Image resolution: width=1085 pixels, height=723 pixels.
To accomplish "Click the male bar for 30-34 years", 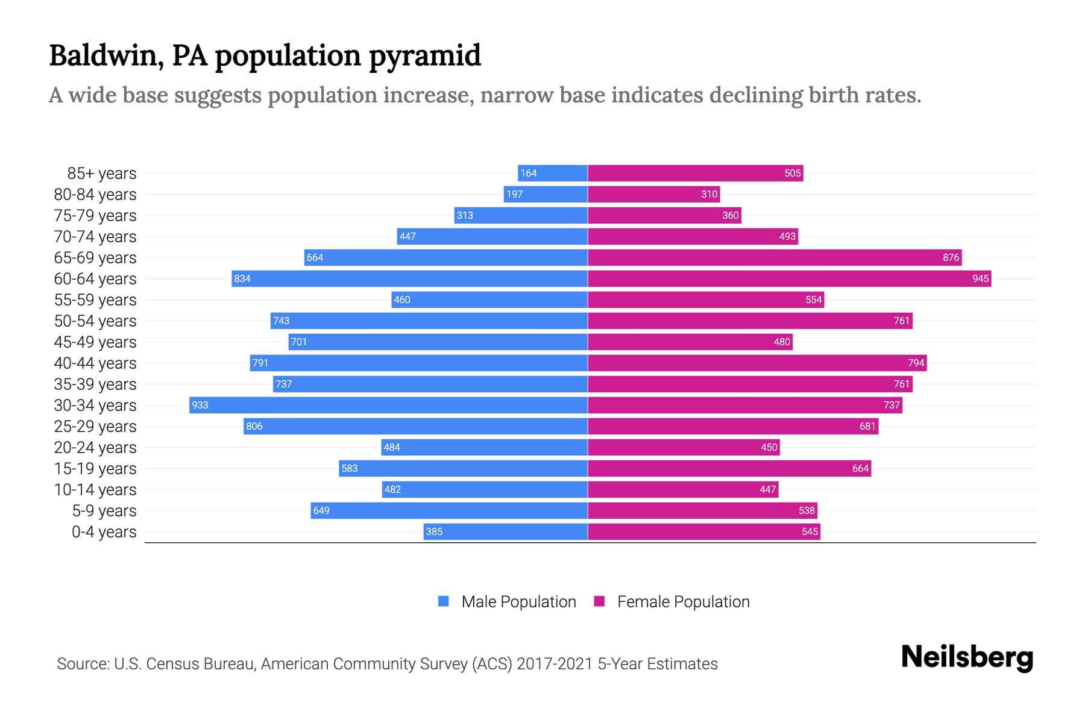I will (x=388, y=405).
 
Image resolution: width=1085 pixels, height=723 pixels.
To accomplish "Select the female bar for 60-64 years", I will (x=789, y=278).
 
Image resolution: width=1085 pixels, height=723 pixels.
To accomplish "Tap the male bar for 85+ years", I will (x=553, y=173).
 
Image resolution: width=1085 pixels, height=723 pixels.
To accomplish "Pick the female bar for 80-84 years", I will (x=653, y=194).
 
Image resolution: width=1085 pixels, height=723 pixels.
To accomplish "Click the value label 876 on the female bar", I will (x=951, y=258).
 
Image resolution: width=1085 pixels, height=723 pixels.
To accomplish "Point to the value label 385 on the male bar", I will (x=434, y=532).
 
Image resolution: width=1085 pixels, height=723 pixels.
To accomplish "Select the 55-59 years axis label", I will (x=95, y=300).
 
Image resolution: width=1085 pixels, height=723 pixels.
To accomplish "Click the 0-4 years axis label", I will (x=104, y=532).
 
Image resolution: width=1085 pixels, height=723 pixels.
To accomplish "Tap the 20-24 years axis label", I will (x=95, y=448).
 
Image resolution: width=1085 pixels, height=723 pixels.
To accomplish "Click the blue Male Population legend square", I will (x=444, y=601).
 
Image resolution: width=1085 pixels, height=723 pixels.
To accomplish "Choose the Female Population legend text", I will (x=683, y=602).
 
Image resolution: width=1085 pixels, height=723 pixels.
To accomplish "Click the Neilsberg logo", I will (x=967, y=657).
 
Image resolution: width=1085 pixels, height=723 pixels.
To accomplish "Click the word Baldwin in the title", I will (x=105, y=55).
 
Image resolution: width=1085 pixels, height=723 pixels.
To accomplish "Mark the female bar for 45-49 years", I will (x=690, y=342).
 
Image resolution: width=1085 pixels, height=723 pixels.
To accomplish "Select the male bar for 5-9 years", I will (x=449, y=511).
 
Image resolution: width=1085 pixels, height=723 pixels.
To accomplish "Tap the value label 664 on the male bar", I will (x=315, y=258).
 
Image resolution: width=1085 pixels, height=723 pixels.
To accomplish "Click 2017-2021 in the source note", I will (x=555, y=664).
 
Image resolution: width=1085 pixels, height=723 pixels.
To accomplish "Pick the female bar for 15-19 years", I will (x=729, y=469).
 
